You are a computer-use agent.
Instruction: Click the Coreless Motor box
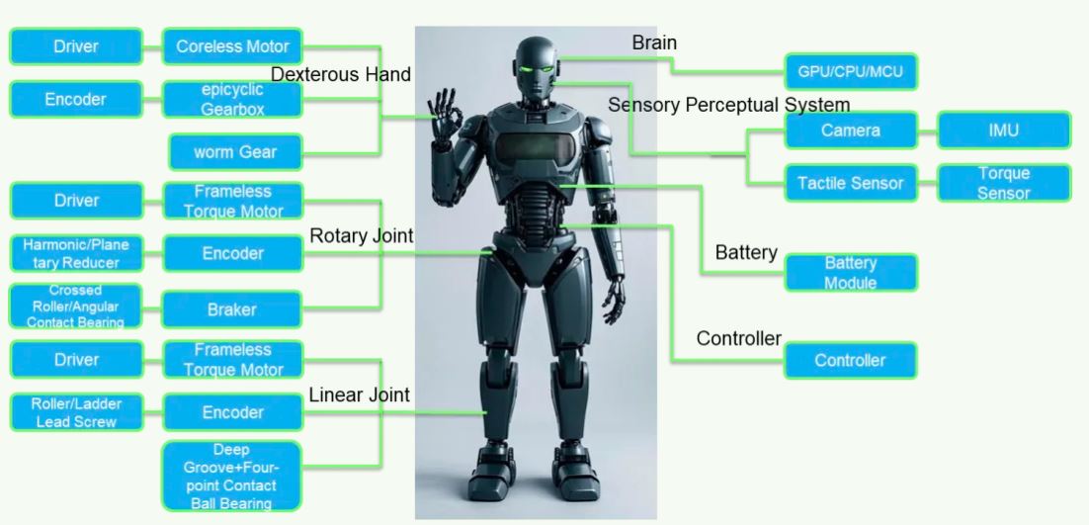pyautogui.click(x=232, y=46)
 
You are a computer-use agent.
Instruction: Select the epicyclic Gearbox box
pyautogui.click(x=232, y=99)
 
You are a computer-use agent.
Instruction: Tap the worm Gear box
pyautogui.click(x=235, y=152)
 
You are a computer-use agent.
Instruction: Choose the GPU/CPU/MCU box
pyautogui.click(x=850, y=72)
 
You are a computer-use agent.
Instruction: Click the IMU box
pyautogui.click(x=1002, y=130)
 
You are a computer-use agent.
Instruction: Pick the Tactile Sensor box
pyautogui.click(x=850, y=183)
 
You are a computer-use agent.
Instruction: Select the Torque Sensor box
pyautogui.click(x=1002, y=183)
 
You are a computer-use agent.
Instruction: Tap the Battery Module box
pyautogui.click(x=850, y=273)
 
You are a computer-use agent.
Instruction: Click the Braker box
pyautogui.click(x=232, y=309)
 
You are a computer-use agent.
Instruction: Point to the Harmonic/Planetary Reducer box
pyautogui.click(x=76, y=253)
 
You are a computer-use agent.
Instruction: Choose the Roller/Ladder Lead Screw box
pyautogui.click(x=76, y=412)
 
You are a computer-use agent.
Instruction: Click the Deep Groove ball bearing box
pyautogui.click(x=231, y=477)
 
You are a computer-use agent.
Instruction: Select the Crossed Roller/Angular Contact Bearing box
pyautogui.click(x=76, y=306)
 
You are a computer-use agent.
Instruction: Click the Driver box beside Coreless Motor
pyautogui.click(x=76, y=46)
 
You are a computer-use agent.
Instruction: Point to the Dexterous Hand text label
pyautogui.click(x=341, y=74)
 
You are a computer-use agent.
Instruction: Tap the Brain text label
pyautogui.click(x=654, y=43)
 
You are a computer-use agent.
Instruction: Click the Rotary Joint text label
pyautogui.click(x=361, y=236)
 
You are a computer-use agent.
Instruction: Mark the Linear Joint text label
pyautogui.click(x=359, y=395)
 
